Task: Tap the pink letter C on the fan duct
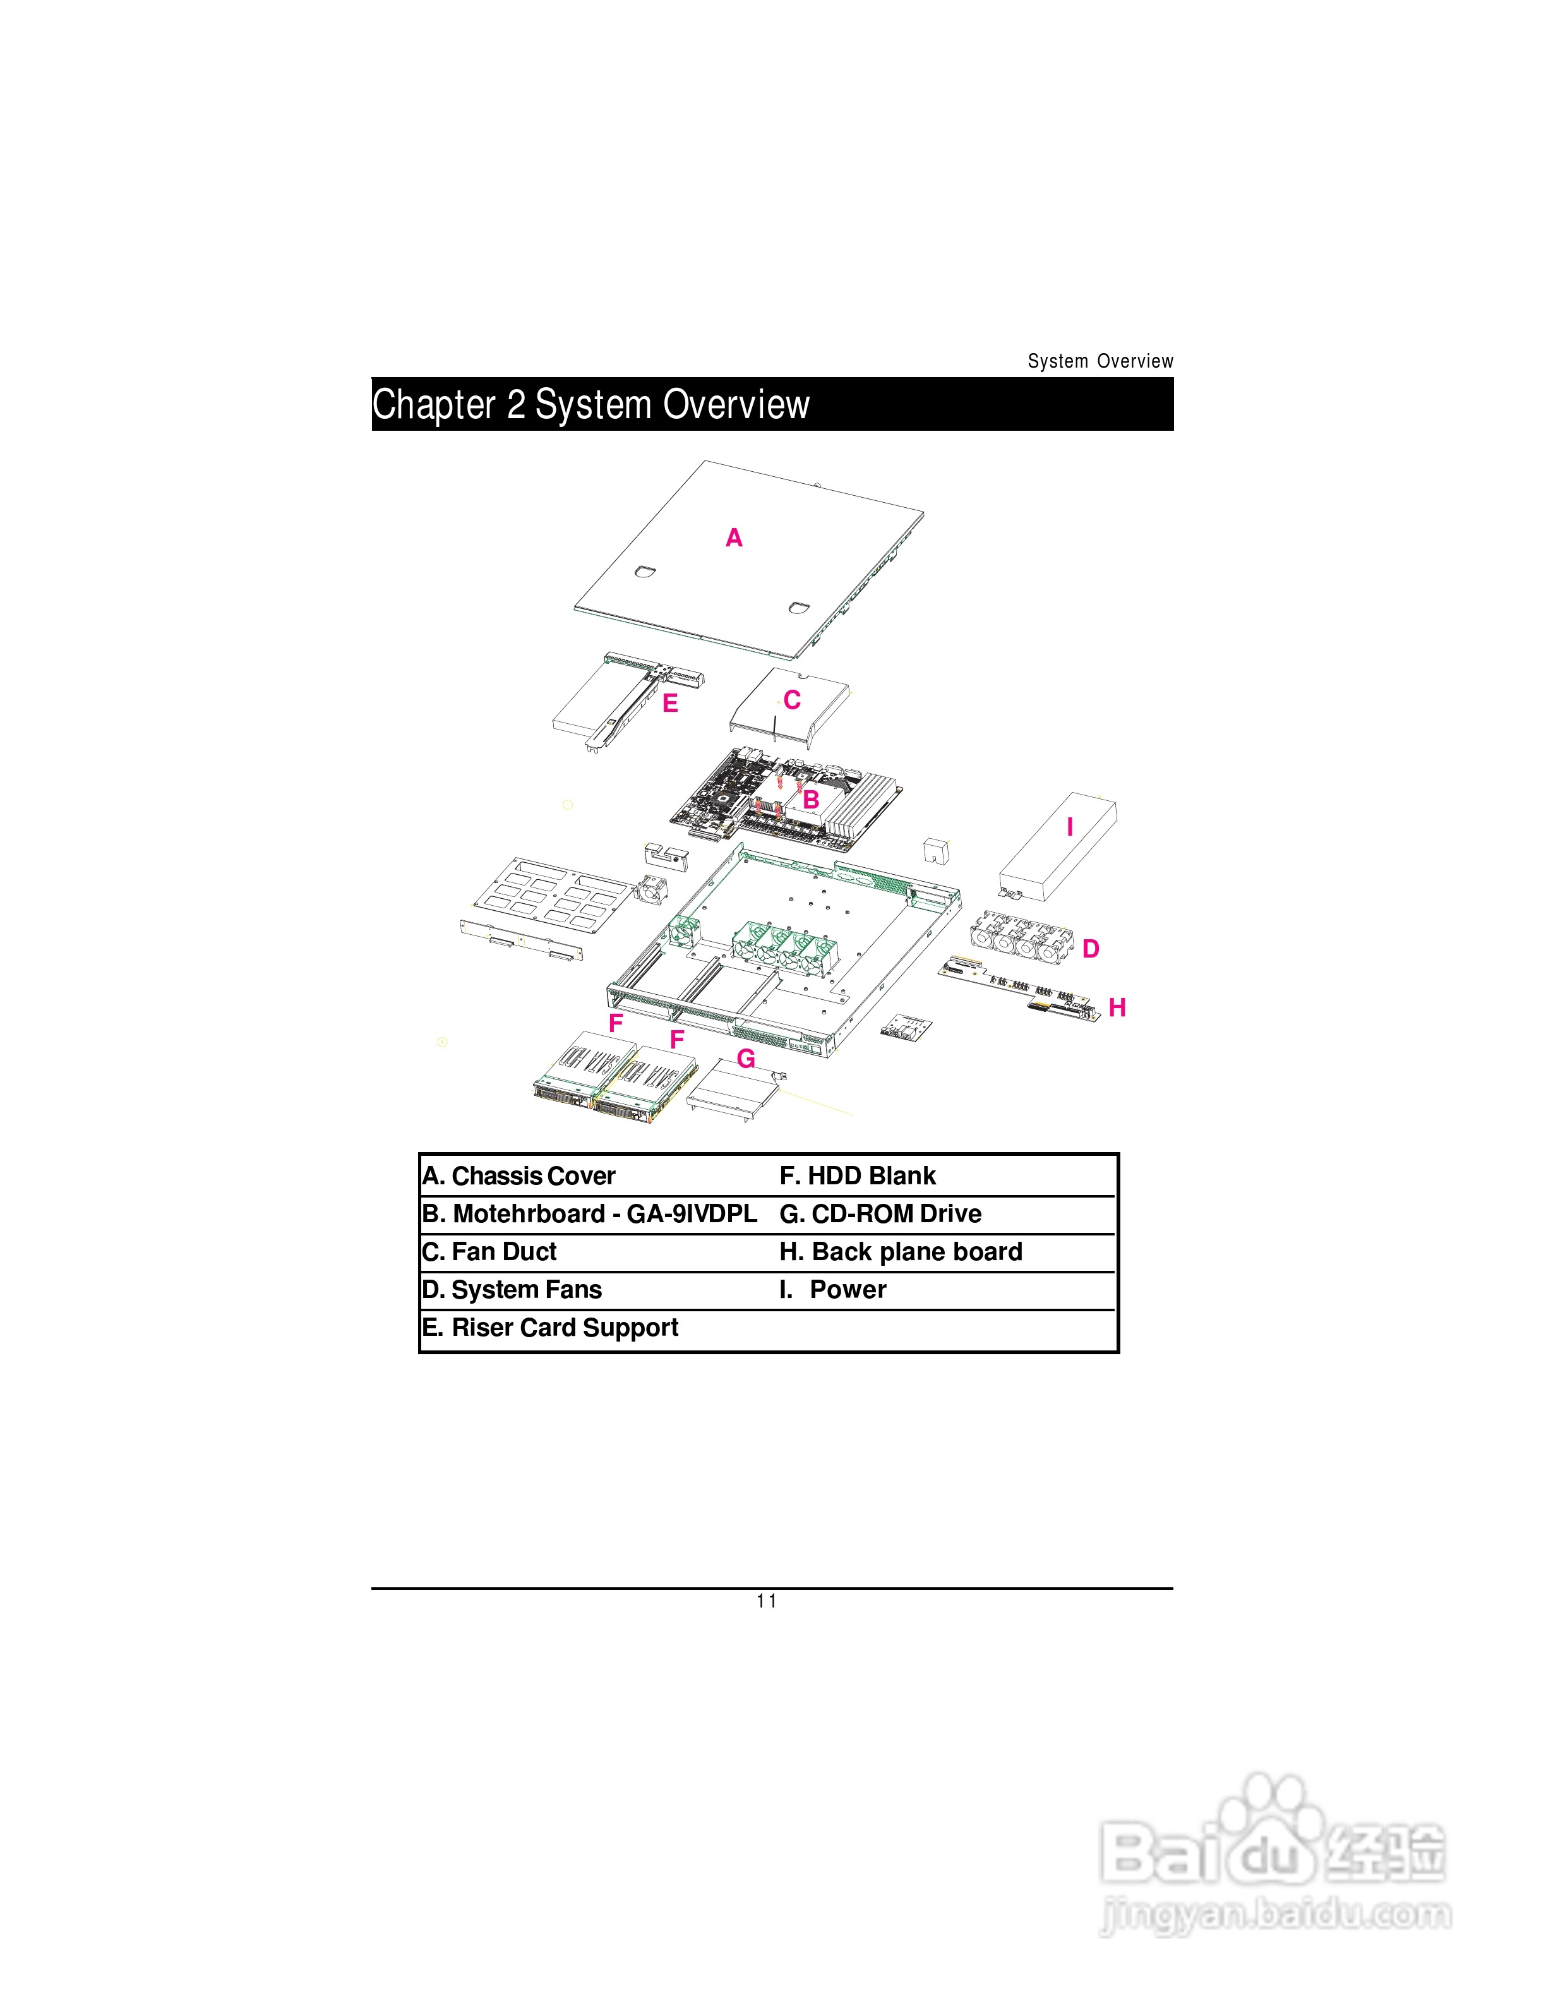[792, 701]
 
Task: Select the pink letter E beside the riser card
[671, 704]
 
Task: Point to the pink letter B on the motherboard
[810, 800]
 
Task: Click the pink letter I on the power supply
[1070, 827]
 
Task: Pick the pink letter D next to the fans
[1090, 949]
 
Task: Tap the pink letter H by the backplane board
[1117, 1008]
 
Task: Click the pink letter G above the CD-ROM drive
[746, 1059]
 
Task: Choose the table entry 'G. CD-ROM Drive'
[880, 1214]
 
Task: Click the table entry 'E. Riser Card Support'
[549, 1328]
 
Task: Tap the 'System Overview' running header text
[1100, 361]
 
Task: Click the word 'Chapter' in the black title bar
[434, 405]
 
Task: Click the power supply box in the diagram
[1058, 848]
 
